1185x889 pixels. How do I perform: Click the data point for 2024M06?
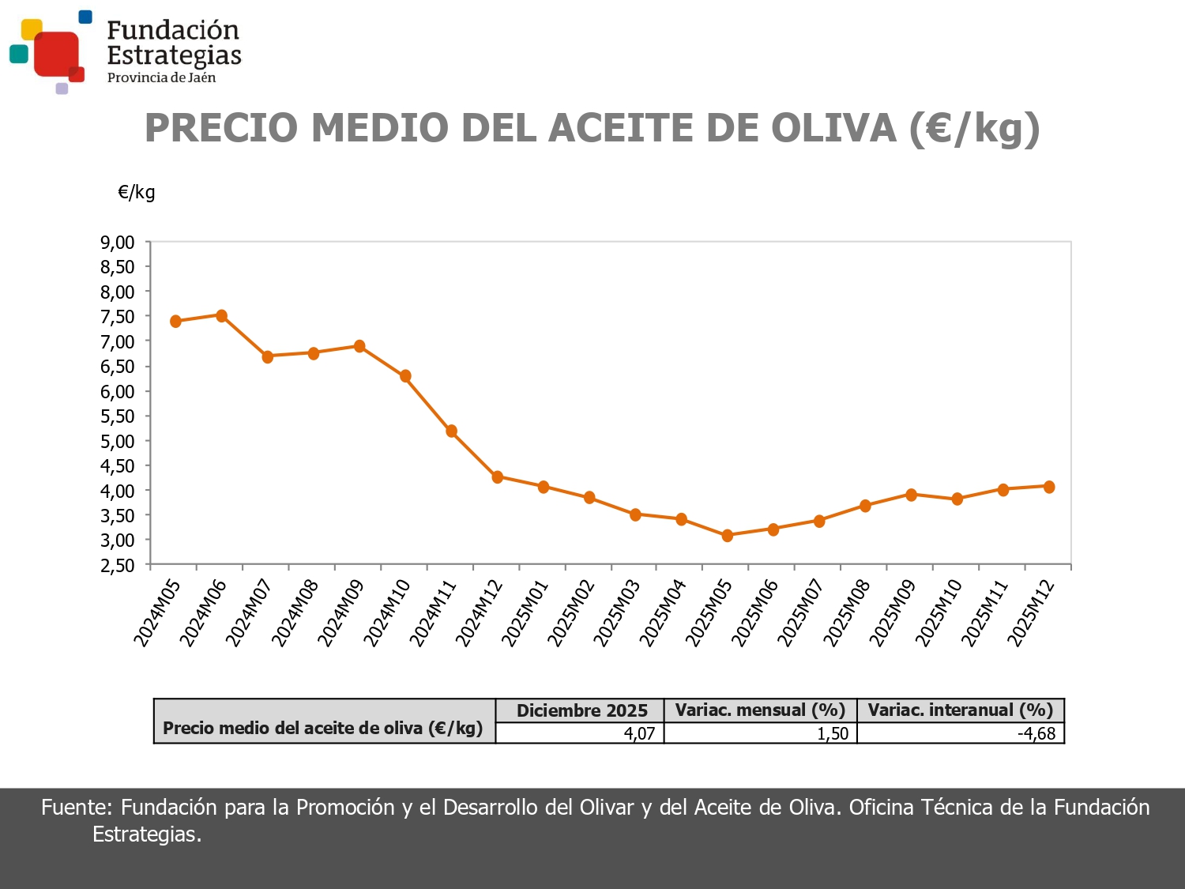221,316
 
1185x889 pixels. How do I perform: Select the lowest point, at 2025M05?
728,536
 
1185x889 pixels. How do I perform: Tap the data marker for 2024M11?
451,431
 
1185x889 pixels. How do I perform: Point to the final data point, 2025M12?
1049,487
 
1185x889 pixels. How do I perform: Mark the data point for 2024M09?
359,346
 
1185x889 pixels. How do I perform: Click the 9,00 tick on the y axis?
117,243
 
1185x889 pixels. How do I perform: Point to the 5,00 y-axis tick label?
117,441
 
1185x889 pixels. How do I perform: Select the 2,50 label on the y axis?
117,565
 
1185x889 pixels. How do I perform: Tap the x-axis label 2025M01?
525,612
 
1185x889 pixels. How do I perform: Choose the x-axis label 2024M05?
157,612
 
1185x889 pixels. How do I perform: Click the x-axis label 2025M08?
847,612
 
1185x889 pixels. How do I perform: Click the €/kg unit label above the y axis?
137,192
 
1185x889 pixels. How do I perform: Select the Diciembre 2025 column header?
581,710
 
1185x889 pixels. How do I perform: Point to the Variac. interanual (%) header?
961,710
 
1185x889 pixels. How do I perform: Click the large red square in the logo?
56,53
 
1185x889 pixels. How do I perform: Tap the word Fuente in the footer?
77,807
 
